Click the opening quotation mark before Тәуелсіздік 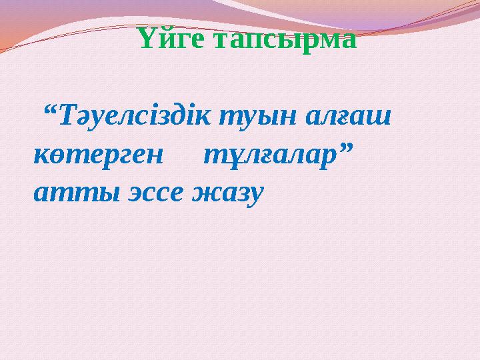coord(49,111)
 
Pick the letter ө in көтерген coord(58,157)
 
